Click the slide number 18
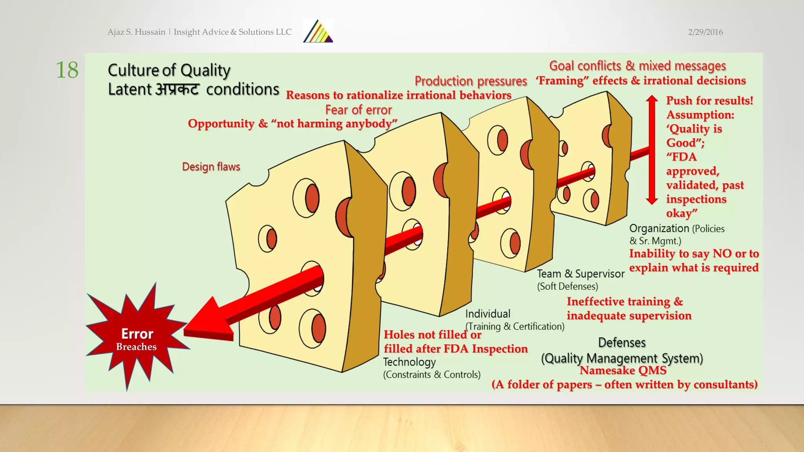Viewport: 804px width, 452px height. [x=67, y=70]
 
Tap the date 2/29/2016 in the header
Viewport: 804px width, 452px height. [x=705, y=32]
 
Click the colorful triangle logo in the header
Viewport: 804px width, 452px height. [x=318, y=32]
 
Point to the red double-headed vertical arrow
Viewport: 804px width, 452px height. [x=652, y=149]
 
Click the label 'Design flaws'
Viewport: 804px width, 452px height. [x=211, y=167]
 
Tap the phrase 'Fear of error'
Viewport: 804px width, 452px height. [x=358, y=110]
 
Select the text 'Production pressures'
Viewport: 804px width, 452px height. [x=470, y=81]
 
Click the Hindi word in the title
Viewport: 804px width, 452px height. [x=178, y=89]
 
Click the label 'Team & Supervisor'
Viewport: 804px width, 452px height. [x=580, y=274]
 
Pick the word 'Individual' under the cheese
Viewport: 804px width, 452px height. [x=488, y=314]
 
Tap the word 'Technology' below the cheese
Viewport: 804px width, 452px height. [x=409, y=362]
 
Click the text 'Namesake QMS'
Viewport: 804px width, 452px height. [x=623, y=370]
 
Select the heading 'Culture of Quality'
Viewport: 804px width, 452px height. [x=169, y=70]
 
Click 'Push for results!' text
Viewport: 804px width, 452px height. [x=709, y=100]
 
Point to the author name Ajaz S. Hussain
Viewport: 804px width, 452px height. [x=136, y=32]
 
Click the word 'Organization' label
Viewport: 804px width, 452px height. [x=659, y=228]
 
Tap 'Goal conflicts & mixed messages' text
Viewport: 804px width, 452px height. [x=637, y=66]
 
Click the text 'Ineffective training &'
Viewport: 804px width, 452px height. [x=625, y=301]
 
